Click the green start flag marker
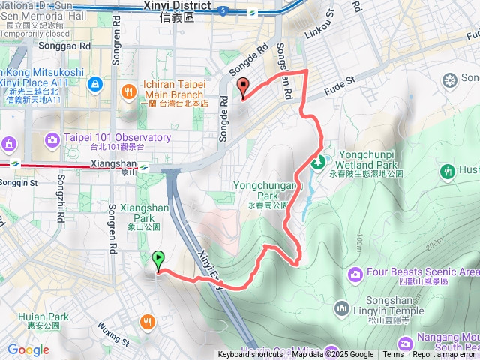pos(158,261)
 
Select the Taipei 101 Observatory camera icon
pos(52,139)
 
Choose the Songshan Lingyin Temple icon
pos(342,307)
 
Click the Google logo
pos(28,349)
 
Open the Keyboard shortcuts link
pos(250,355)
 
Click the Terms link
pos(393,355)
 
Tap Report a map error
pos(444,355)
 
